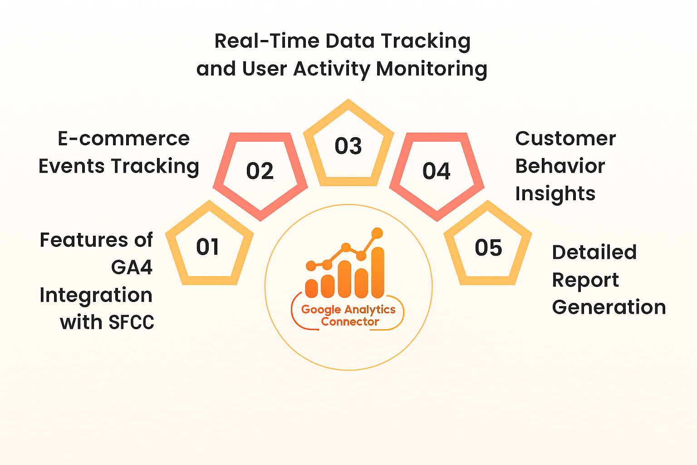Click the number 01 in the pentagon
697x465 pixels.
click(x=208, y=247)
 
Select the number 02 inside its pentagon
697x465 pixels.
click(x=260, y=171)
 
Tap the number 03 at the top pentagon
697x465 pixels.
click(x=348, y=146)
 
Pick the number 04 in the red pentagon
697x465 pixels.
click(x=437, y=171)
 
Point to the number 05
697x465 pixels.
click(x=488, y=248)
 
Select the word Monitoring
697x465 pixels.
click(x=432, y=69)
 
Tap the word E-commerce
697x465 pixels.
click(x=123, y=139)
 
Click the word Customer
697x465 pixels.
click(x=565, y=139)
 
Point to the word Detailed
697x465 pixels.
click(x=594, y=252)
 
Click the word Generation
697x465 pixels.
click(x=609, y=307)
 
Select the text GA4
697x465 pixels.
click(x=132, y=267)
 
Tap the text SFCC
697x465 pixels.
click(x=132, y=322)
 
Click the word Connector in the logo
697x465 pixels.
click(x=350, y=322)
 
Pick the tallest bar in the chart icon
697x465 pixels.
click(x=378, y=272)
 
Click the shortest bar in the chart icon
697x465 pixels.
click(x=311, y=288)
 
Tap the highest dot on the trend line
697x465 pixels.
click(x=377, y=233)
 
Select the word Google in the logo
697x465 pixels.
click(x=321, y=310)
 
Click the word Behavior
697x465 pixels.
click(x=560, y=167)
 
